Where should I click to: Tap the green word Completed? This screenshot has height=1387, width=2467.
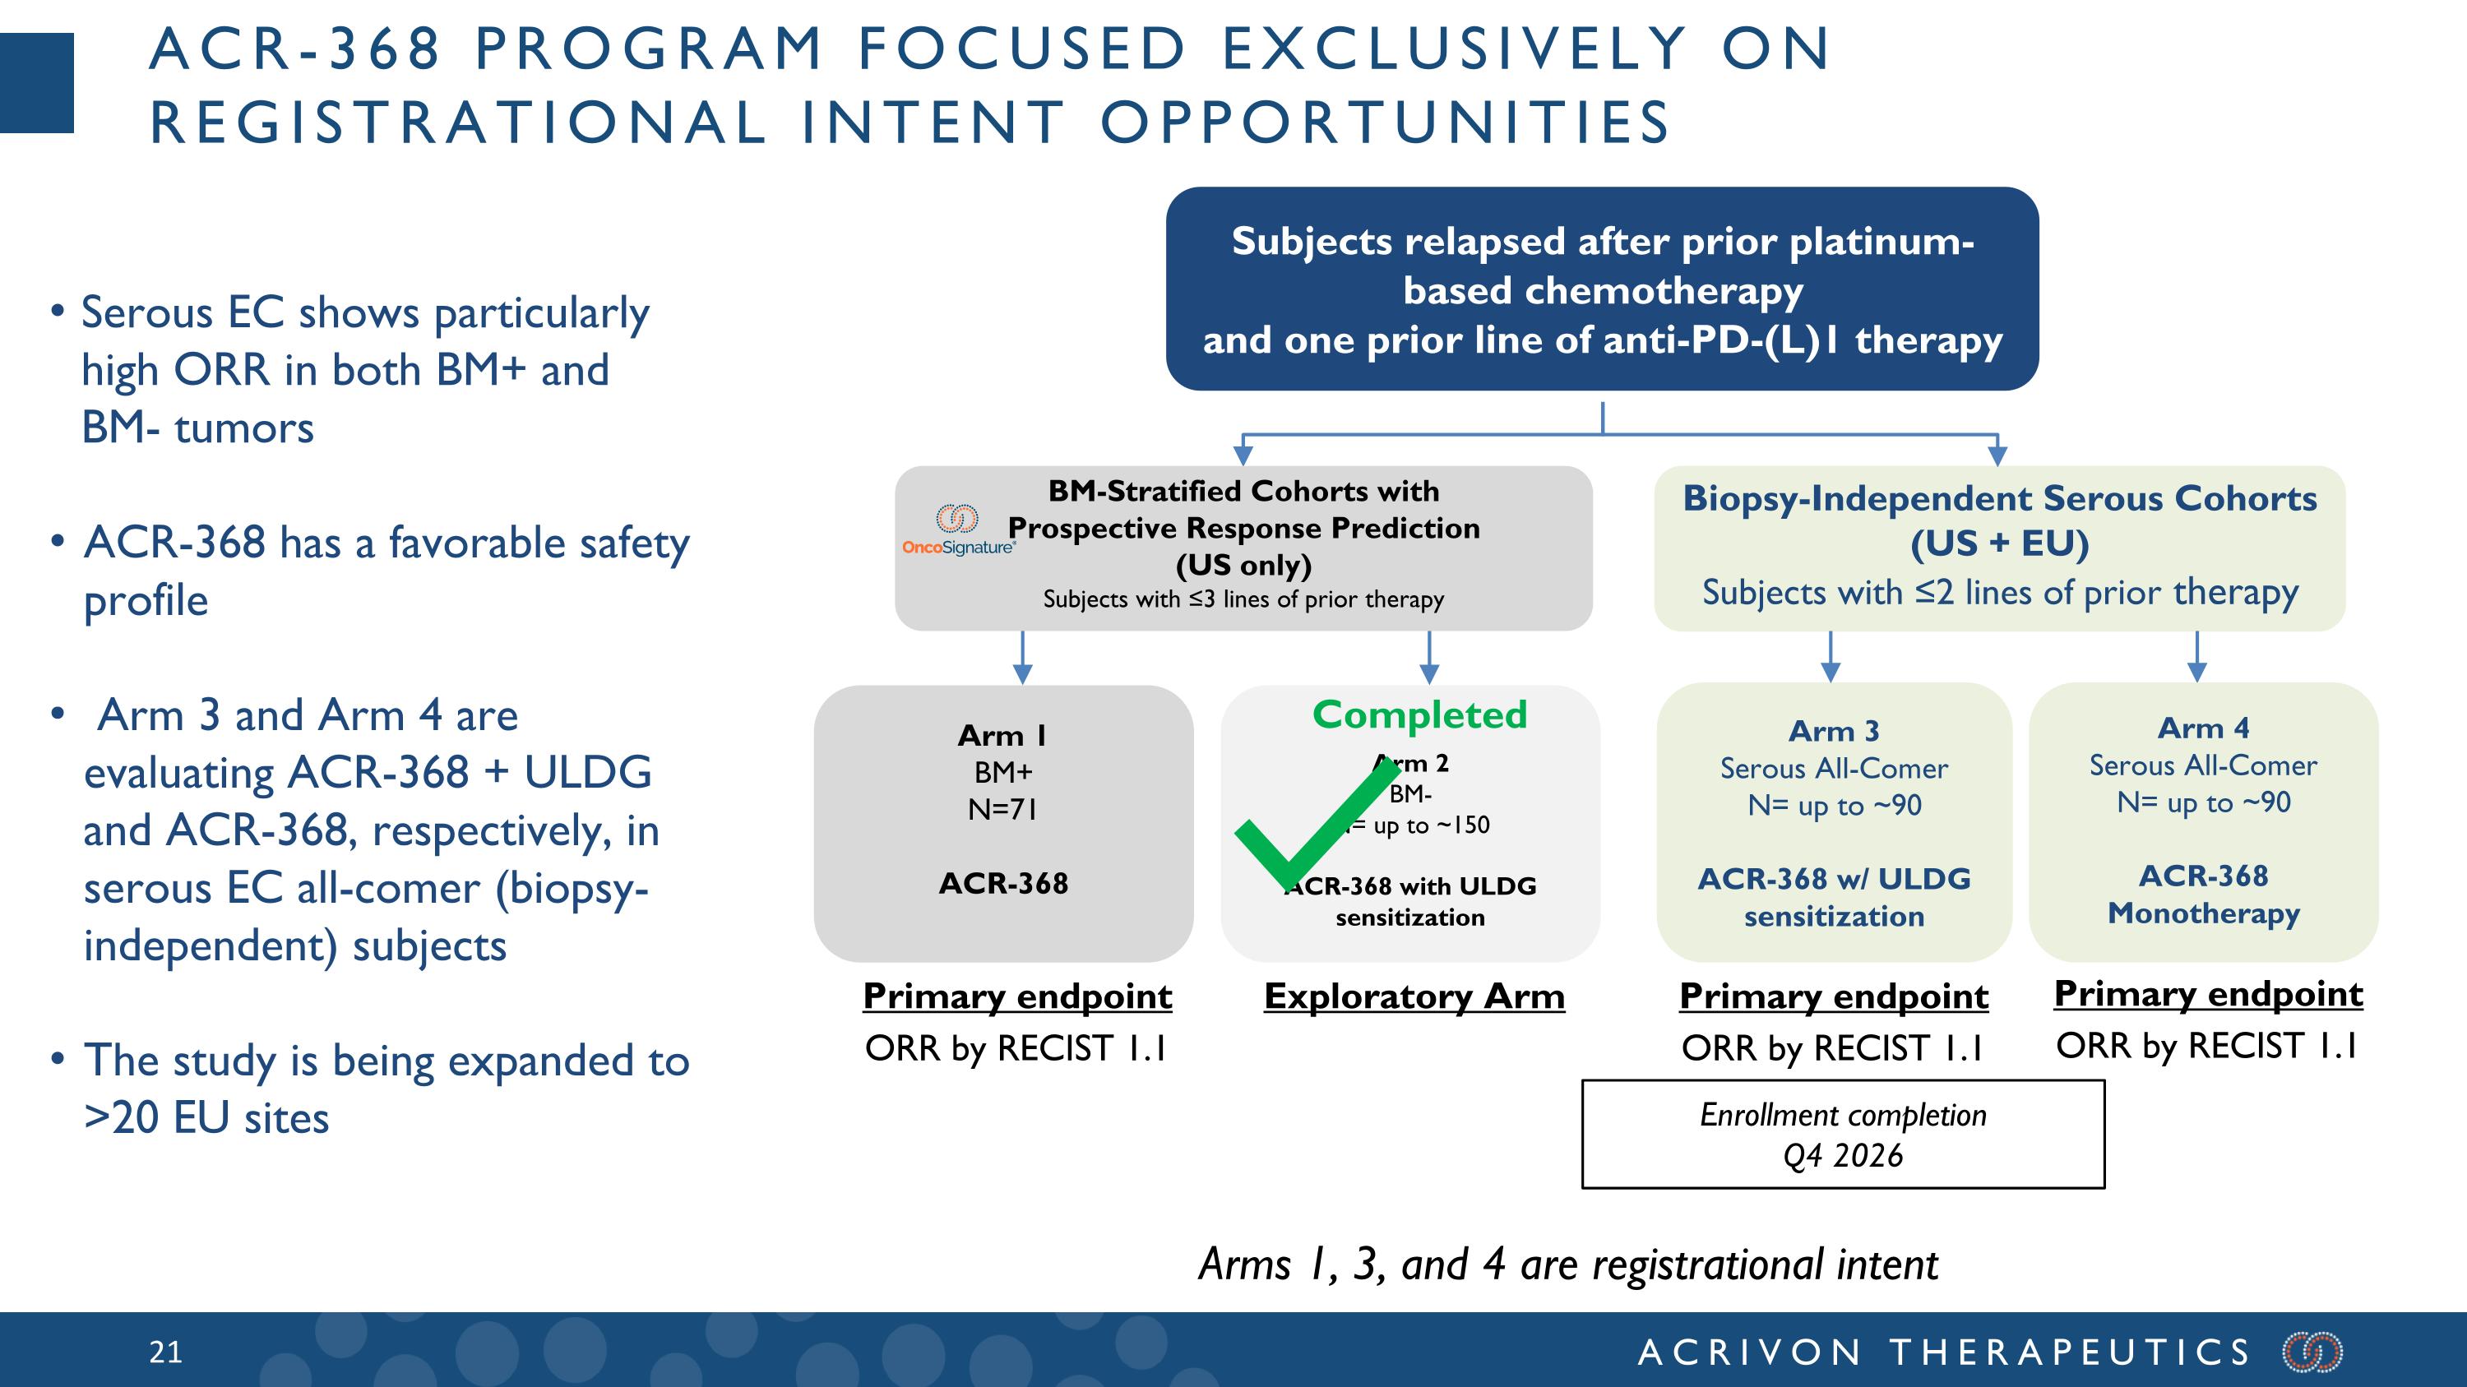point(1419,715)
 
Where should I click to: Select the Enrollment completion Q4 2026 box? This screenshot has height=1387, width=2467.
point(1843,1135)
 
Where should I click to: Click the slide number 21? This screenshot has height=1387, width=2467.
point(165,1352)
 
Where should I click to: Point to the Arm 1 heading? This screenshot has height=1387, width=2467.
point(1002,735)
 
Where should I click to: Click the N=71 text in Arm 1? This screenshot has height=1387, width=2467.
point(1002,810)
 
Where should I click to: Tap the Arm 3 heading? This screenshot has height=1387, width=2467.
point(1834,731)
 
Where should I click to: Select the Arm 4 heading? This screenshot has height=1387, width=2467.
point(2203,728)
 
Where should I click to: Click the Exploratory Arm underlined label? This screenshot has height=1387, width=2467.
point(1414,996)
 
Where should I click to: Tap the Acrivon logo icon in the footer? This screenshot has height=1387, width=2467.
point(2312,1352)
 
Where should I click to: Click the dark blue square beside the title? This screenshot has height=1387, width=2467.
point(36,82)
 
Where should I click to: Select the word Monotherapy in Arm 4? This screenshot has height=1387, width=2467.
point(2203,913)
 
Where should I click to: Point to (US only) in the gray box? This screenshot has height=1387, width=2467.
point(1243,565)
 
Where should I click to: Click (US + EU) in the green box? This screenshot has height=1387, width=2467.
point(2000,543)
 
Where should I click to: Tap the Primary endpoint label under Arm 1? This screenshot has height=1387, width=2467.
point(1017,996)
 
